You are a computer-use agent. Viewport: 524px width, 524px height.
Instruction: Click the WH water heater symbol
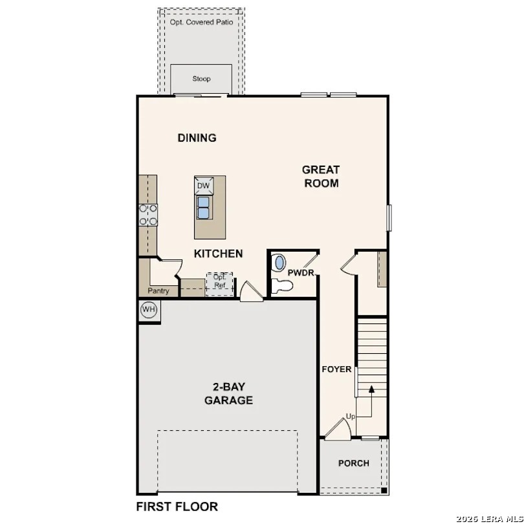click(149, 310)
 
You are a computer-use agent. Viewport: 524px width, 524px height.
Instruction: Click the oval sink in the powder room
click(279, 263)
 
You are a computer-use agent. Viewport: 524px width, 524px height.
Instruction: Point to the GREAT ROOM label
click(321, 176)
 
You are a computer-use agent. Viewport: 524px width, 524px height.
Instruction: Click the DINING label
click(197, 138)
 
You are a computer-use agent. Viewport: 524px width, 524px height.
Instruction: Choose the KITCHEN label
click(219, 254)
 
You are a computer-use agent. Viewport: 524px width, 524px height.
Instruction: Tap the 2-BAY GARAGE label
click(228, 393)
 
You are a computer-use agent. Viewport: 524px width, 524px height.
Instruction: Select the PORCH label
click(354, 463)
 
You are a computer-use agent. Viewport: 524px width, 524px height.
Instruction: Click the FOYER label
click(337, 369)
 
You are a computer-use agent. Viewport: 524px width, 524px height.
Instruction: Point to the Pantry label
click(158, 291)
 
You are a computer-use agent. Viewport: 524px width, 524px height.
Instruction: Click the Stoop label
click(201, 79)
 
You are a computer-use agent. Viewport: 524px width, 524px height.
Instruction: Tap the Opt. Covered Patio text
click(201, 22)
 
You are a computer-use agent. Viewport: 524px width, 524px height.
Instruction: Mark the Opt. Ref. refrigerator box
click(220, 282)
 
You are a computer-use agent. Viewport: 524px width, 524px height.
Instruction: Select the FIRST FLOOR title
click(177, 507)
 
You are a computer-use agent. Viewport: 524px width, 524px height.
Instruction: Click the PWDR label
click(301, 273)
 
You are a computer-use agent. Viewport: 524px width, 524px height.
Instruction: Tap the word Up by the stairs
click(351, 416)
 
